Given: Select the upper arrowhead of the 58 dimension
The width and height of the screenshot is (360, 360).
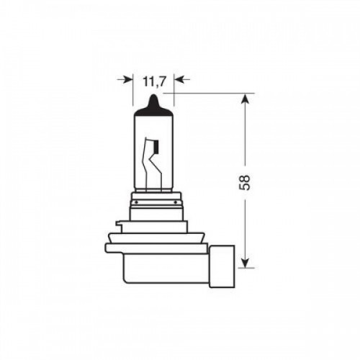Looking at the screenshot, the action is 245,99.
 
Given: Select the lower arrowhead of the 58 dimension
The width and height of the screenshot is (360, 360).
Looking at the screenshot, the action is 245,261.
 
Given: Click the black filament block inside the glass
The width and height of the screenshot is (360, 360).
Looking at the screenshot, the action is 157,147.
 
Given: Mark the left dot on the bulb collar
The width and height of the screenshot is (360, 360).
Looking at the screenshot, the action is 136,202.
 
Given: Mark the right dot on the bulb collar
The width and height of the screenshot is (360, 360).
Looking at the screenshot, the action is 176,202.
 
